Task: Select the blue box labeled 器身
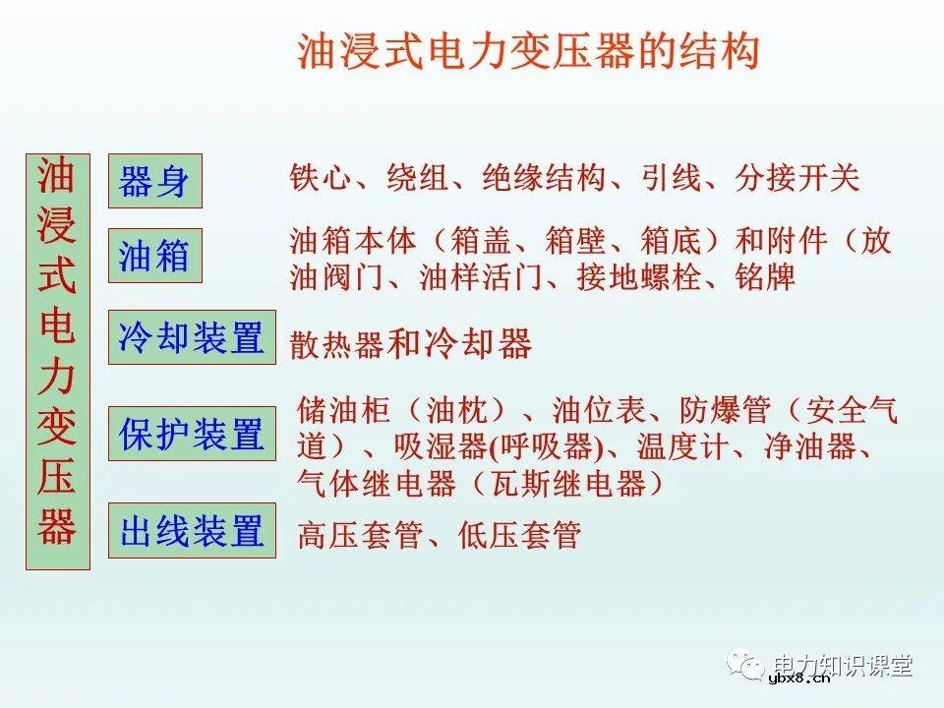pos(154,181)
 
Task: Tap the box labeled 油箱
pos(154,256)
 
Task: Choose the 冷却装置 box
pos(192,337)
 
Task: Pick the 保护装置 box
pos(192,434)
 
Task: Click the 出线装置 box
pos(192,531)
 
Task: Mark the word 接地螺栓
pos(638,278)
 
